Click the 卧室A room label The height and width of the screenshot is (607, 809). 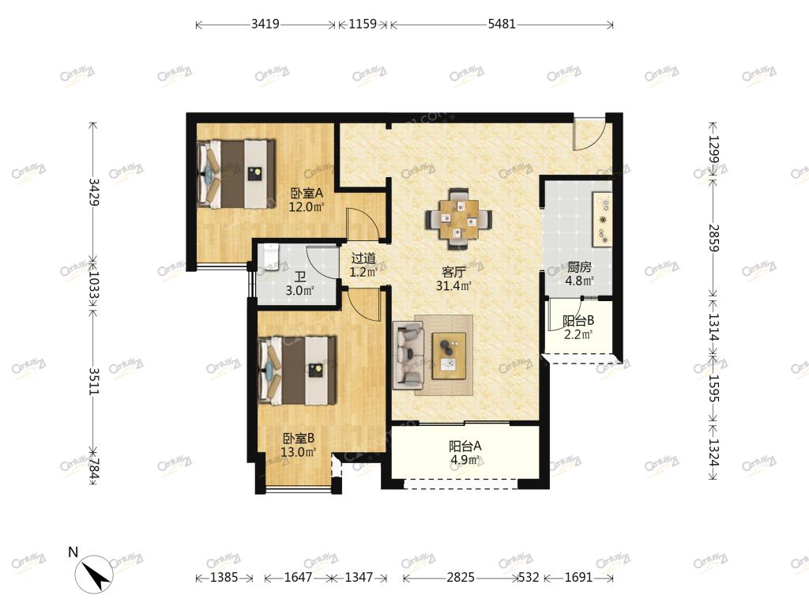pos(307,194)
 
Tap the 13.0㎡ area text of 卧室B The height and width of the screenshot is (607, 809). pos(298,453)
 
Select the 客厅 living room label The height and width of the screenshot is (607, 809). pos(454,272)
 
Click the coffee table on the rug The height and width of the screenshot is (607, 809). pos(449,356)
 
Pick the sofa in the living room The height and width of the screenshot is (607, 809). pos(408,355)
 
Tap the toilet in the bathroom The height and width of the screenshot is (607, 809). pos(270,257)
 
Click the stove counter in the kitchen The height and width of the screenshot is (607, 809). pos(602,220)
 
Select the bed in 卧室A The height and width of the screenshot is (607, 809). pos(235,174)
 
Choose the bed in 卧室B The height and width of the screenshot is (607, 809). pos(297,370)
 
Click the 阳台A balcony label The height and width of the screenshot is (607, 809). pos(465,446)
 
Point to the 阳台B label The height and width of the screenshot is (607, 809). pos(578,321)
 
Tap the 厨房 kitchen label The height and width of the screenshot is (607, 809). pos(579,267)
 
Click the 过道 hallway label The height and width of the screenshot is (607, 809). pos(363,258)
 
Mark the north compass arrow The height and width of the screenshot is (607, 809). pos(94,574)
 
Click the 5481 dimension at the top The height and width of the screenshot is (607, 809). pos(502,25)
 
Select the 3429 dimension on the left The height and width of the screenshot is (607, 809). pos(94,192)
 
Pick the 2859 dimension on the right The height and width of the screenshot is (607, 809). pos(713,238)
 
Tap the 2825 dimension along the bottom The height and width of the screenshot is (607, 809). pos(461,577)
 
